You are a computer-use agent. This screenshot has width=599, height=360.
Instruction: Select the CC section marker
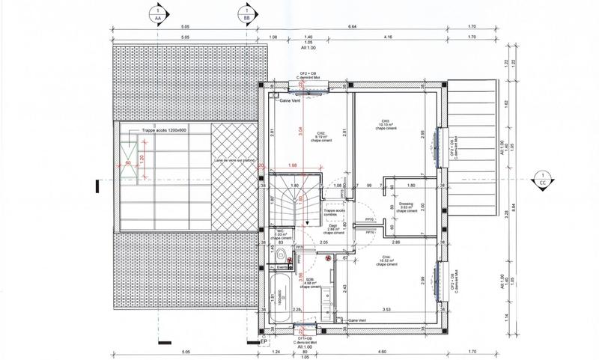pos(541,179)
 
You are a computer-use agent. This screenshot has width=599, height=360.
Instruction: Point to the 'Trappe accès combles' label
pos(334,213)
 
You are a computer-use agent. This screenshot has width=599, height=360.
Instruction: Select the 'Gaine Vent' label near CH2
pos(290,100)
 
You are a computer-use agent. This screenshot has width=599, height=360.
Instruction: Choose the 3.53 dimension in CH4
pos(387,309)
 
